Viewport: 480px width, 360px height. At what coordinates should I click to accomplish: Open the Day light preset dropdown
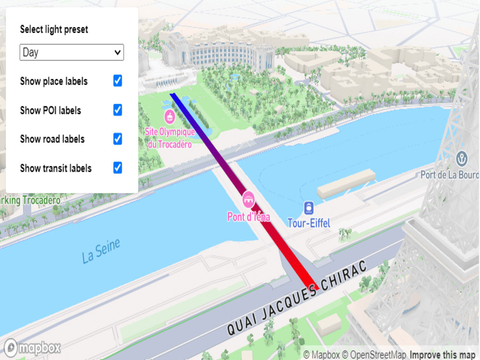[72, 52]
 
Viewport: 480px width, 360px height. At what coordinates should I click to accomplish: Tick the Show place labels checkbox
[118, 81]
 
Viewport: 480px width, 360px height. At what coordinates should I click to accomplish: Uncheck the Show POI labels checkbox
[118, 110]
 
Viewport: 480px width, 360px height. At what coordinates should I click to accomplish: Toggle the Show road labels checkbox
[118, 139]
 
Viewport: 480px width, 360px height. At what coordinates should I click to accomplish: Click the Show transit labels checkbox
[118, 168]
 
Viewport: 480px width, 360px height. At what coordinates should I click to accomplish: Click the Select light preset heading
[54, 29]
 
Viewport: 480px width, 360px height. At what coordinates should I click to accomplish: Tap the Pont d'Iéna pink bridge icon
[249, 197]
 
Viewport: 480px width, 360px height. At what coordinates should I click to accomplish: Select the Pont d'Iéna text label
[249, 217]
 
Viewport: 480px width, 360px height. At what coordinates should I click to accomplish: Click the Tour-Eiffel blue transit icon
[309, 208]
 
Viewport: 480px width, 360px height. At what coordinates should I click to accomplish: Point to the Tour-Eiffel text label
[309, 223]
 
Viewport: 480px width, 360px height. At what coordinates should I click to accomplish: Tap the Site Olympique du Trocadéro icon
[169, 116]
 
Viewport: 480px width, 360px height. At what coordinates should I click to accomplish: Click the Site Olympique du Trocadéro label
[170, 138]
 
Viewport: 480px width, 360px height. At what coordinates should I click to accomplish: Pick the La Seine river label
[101, 251]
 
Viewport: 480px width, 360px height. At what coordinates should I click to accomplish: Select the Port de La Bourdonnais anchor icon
[462, 158]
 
